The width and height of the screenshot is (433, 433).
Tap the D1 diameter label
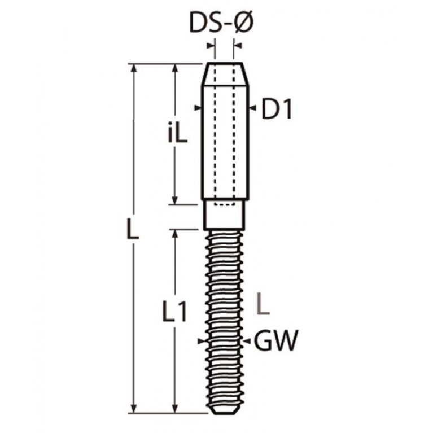tap(277, 108)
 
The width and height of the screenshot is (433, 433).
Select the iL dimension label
tap(178, 133)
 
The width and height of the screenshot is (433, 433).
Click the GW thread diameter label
tap(276, 340)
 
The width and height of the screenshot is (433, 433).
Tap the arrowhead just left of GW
tap(247, 342)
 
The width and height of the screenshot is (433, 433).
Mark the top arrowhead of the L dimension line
tap(134, 68)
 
